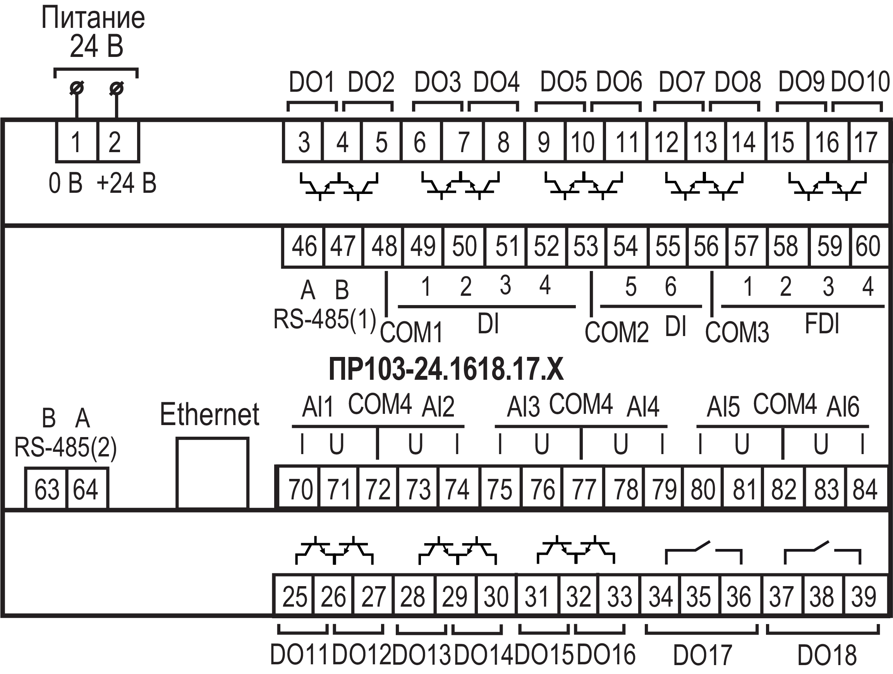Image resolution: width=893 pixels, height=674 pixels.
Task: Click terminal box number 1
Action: coord(76,142)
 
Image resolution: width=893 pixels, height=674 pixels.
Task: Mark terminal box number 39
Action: coord(864,597)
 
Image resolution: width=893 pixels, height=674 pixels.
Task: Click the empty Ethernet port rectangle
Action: coord(212,473)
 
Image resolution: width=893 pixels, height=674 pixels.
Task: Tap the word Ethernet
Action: coord(210,414)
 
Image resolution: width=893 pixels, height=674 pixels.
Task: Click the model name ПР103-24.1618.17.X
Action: coord(446,370)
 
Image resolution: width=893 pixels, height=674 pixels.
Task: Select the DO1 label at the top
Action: coord(312,82)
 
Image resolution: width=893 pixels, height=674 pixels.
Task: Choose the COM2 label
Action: coord(617,332)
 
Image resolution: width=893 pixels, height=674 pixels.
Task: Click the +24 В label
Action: coord(126,184)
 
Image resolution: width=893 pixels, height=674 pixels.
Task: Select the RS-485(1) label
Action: coord(325,319)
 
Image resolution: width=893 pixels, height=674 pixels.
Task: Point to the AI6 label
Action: coord(843,407)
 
